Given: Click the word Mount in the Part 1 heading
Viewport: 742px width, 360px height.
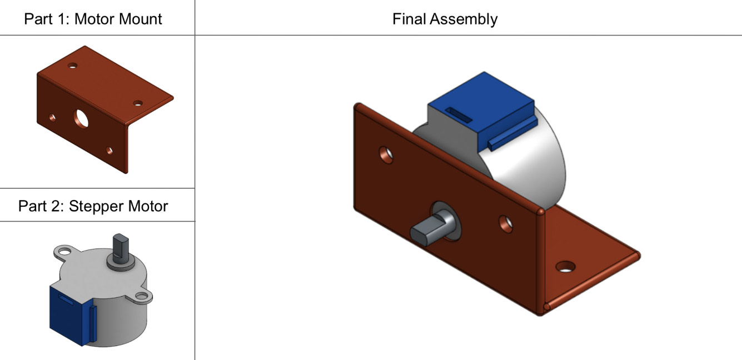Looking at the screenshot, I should [x=138, y=19].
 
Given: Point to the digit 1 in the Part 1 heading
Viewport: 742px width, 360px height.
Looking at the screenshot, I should [x=62, y=19].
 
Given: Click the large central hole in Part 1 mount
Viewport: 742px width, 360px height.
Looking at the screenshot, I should [x=82, y=117].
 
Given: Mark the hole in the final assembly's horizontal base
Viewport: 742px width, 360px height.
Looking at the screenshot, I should [x=565, y=266].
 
